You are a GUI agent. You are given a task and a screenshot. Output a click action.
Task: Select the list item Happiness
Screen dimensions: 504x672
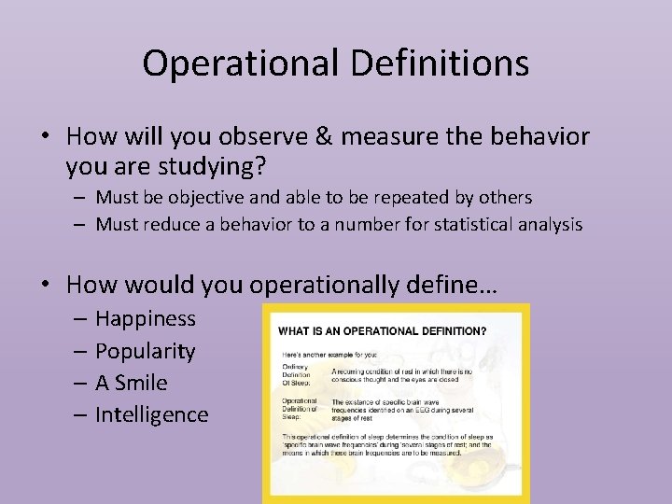(145, 318)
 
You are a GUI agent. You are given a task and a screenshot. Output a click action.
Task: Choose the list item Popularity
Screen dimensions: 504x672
(145, 352)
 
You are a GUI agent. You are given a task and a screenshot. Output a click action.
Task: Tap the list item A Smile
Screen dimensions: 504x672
(133, 383)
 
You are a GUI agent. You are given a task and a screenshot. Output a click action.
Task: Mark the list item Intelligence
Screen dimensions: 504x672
(151, 413)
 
